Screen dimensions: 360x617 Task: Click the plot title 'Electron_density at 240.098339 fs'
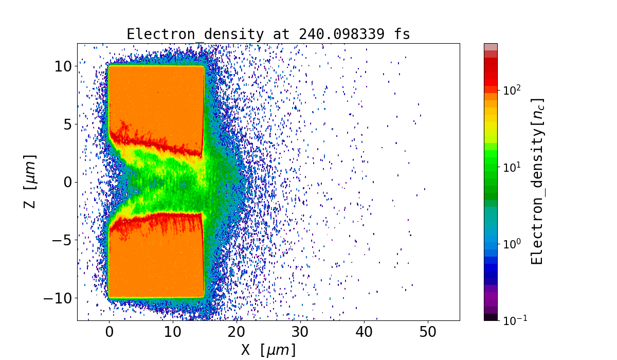268,34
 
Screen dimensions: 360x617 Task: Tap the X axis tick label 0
109,332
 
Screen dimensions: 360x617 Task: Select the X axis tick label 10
173,332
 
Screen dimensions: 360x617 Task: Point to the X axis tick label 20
237,332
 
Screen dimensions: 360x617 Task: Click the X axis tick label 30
300,332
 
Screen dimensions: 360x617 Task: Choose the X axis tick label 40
364,332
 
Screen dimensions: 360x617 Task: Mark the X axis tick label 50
428,332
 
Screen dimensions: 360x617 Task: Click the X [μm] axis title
268,350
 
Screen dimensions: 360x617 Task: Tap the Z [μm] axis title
31,181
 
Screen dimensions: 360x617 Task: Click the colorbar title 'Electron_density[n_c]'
537,181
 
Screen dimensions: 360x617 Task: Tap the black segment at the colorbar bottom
491,317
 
